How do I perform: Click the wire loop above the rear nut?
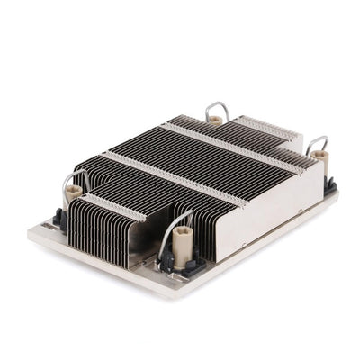[x=216, y=107]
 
